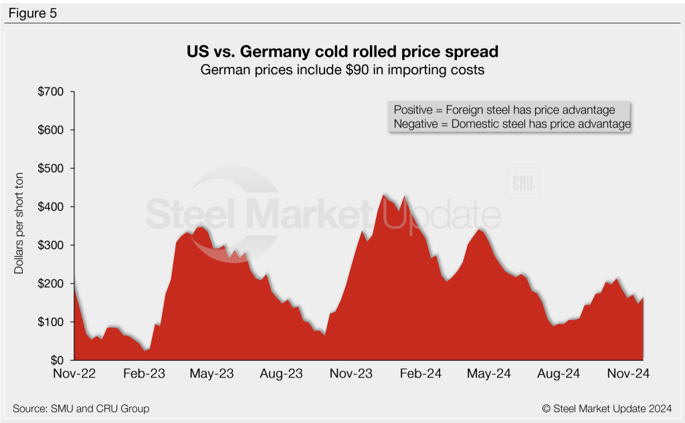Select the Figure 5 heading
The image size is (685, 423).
click(x=33, y=12)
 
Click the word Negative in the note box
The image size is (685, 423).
click(x=416, y=124)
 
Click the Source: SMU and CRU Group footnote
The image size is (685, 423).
click(x=81, y=408)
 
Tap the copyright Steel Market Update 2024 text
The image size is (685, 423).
click(x=607, y=408)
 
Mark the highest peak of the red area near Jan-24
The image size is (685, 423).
click(x=385, y=194)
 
